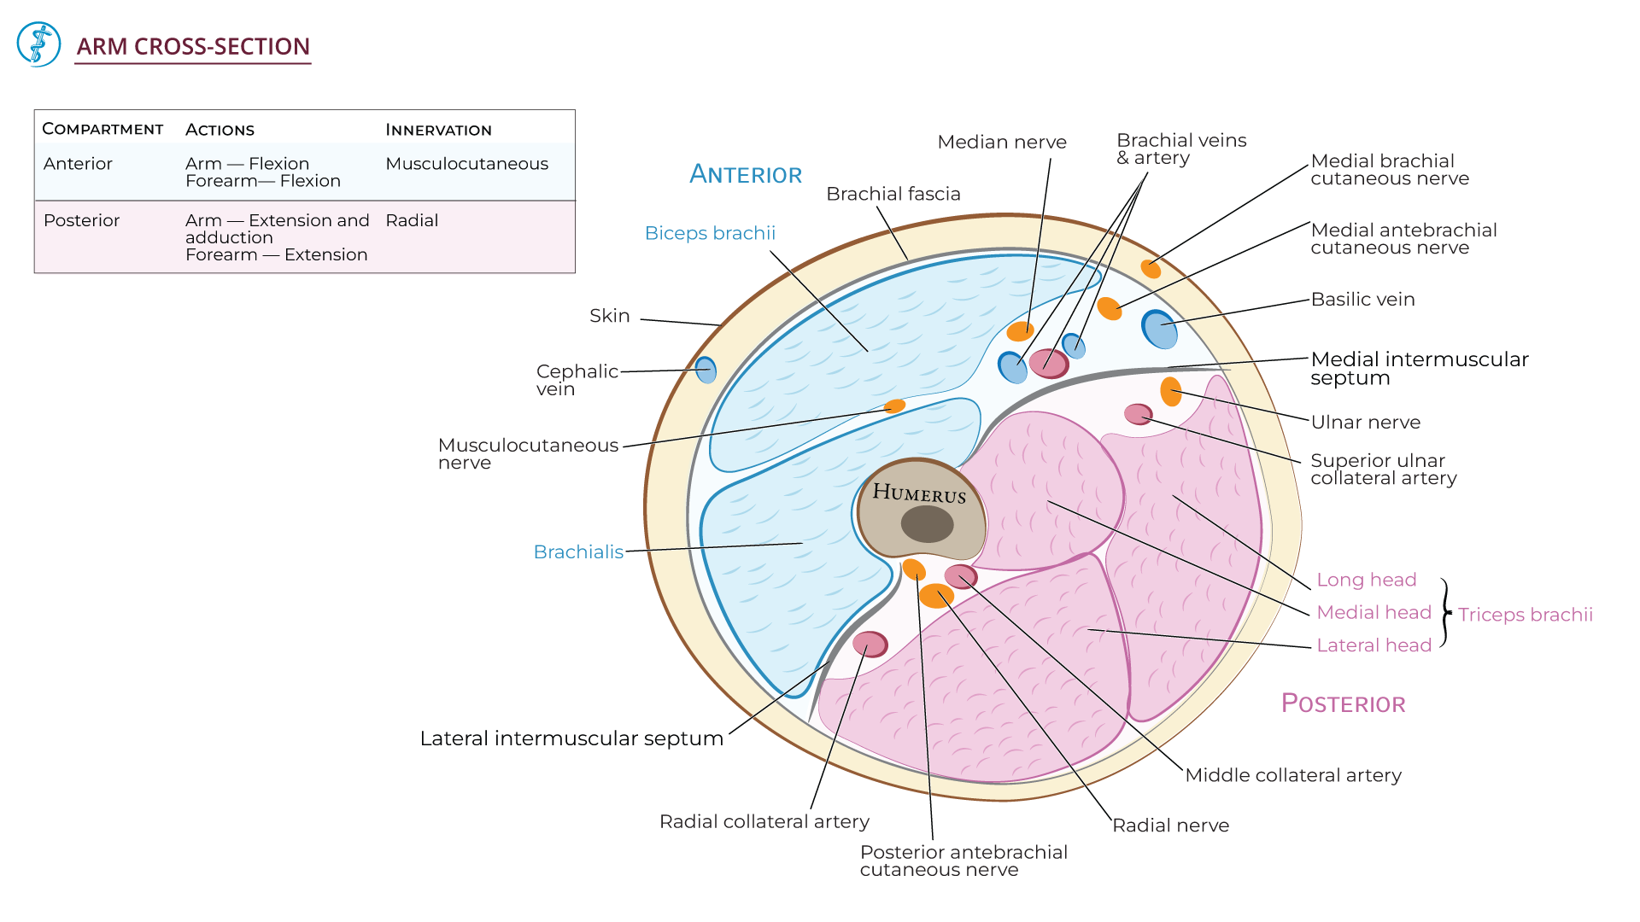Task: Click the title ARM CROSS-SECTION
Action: (x=193, y=46)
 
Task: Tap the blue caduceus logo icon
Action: (x=38, y=44)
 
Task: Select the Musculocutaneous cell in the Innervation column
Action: (x=466, y=164)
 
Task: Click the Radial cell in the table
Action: (x=412, y=220)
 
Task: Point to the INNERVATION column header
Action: (x=438, y=130)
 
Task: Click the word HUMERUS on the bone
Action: (x=919, y=493)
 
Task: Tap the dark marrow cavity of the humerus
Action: (x=927, y=524)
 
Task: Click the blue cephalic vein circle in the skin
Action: (x=706, y=370)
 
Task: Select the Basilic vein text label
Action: (x=1362, y=300)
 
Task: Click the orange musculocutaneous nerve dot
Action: (x=894, y=406)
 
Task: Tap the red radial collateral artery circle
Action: (x=870, y=644)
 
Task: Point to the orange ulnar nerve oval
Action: (x=1171, y=391)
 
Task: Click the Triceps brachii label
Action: (x=1525, y=615)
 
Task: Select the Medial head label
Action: (x=1373, y=612)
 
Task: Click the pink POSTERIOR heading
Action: (x=1343, y=703)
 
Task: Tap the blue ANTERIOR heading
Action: (x=746, y=174)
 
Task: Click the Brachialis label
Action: (x=578, y=552)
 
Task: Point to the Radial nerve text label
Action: (x=1170, y=826)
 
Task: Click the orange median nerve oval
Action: (x=1020, y=331)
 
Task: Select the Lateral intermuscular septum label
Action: (x=571, y=738)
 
